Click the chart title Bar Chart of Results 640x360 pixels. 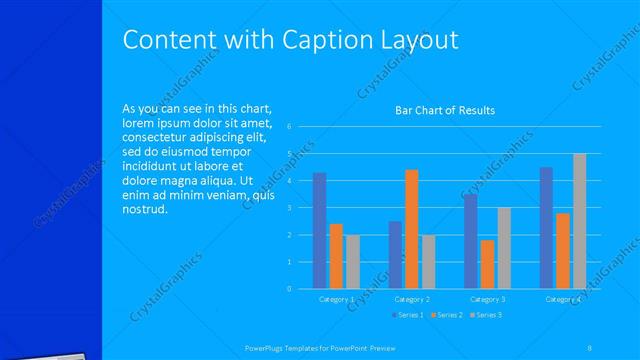pyautogui.click(x=445, y=110)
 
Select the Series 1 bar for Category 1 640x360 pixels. pyautogui.click(x=319, y=230)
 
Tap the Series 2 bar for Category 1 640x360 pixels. pyautogui.click(x=336, y=256)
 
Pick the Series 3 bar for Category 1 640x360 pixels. pyautogui.click(x=353, y=262)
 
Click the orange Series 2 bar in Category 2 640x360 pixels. pyautogui.click(x=412, y=229)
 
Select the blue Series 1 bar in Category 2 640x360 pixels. pyautogui.click(x=395, y=255)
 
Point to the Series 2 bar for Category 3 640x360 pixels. pyautogui.click(x=487, y=264)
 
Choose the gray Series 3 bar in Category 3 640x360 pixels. pyautogui.click(x=504, y=248)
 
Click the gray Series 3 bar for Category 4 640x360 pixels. pyautogui.click(x=580, y=221)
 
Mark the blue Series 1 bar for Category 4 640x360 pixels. pyautogui.click(x=546, y=228)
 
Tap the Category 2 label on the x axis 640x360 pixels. pyautogui.click(x=412, y=299)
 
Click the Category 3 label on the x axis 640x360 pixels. pyautogui.click(x=487, y=299)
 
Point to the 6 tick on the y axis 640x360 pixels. pyautogui.click(x=288, y=127)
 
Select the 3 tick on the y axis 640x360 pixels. pyautogui.click(x=288, y=208)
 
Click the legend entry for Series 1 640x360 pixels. pyautogui.click(x=407, y=315)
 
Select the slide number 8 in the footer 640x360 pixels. pyautogui.click(x=590, y=347)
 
